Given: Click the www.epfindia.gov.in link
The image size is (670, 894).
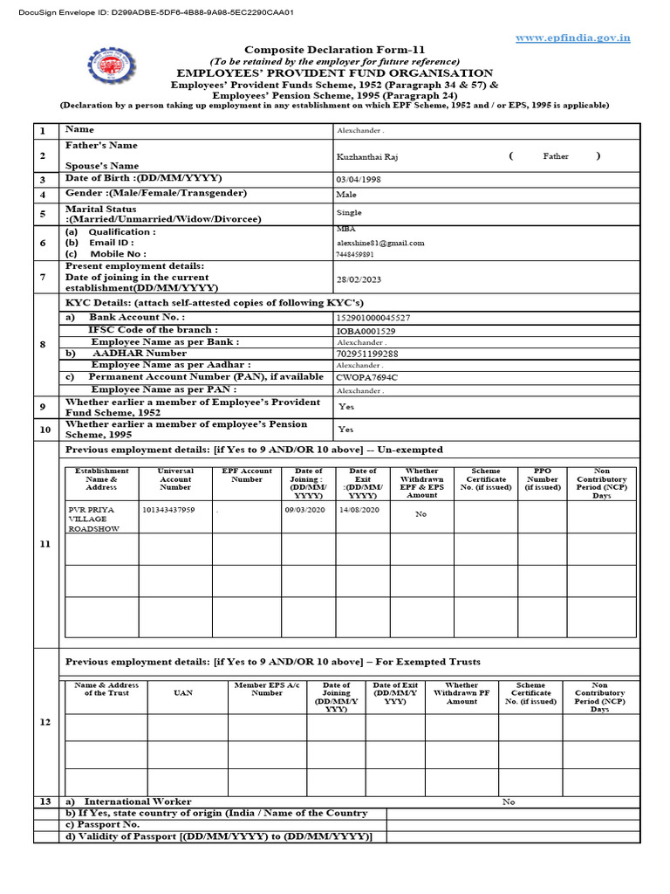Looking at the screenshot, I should (572, 38).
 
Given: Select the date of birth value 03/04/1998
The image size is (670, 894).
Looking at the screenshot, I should (359, 179).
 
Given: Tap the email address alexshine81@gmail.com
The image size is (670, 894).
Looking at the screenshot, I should (380, 243).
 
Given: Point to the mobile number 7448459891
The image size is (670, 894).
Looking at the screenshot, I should (355, 254).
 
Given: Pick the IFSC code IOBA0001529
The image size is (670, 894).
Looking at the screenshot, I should (366, 331).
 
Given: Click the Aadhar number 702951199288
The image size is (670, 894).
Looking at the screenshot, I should (367, 354).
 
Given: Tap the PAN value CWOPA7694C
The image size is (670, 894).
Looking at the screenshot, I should (366, 377).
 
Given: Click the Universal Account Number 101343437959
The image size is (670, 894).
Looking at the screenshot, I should (168, 509).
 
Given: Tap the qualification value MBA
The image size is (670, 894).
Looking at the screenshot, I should (345, 230).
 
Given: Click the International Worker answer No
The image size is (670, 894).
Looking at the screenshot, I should (509, 801).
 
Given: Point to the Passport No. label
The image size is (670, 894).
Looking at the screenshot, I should (103, 824).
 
